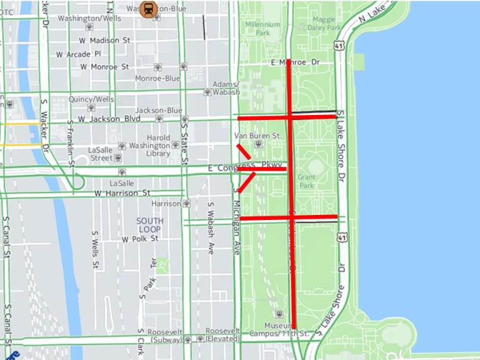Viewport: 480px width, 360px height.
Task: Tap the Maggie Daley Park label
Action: [x=324, y=24]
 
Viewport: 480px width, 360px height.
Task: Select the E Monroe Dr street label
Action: [x=295, y=62]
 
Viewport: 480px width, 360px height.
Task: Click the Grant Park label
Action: [x=306, y=181]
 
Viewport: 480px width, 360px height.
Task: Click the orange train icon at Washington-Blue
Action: [x=149, y=9]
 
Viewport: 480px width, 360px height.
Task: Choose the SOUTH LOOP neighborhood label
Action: [x=150, y=225]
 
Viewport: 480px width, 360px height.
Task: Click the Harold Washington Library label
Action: [x=149, y=146]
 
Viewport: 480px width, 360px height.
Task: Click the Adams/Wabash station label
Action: [x=226, y=88]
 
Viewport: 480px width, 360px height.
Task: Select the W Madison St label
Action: [x=101, y=40]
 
